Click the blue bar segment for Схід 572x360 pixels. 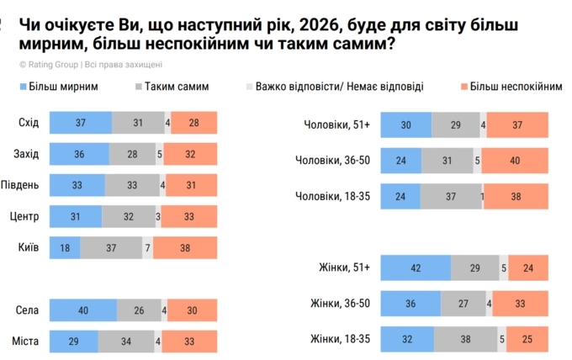[x=80, y=123]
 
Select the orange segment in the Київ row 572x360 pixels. [x=184, y=247]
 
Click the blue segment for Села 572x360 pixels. [x=82, y=310]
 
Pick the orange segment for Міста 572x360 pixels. [x=188, y=341]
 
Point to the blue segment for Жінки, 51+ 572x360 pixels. [x=415, y=268]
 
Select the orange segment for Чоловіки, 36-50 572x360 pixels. [x=515, y=160]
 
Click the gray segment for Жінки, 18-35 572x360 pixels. [x=468, y=339]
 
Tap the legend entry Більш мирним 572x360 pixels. [x=64, y=86]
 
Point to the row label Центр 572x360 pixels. [x=25, y=216]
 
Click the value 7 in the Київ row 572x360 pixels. [x=147, y=247]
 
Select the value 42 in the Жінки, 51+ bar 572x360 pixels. [x=415, y=268]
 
